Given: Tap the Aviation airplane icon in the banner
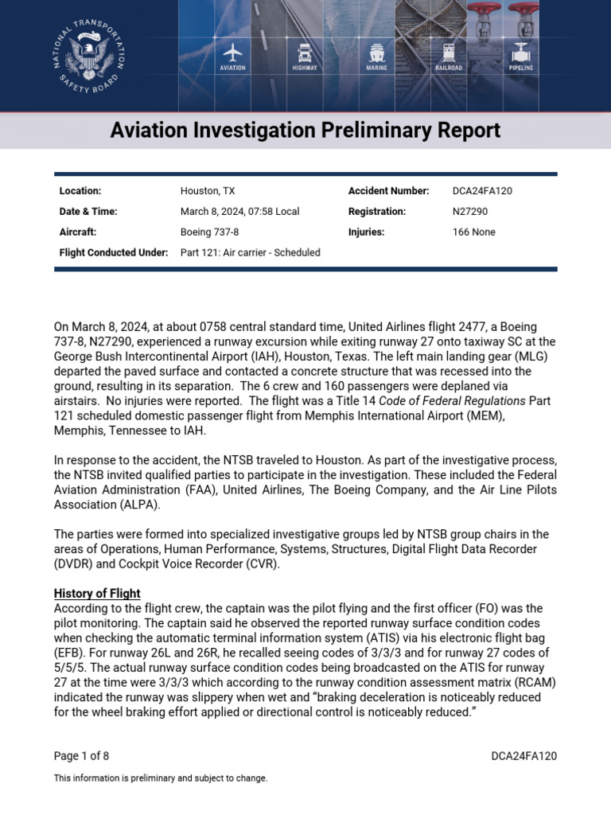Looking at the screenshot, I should (232, 53).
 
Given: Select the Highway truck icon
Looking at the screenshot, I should (304, 53).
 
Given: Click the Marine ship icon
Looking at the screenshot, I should (376, 53).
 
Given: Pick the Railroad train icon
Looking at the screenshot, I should (449, 53).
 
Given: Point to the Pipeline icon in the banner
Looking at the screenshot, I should (521, 53).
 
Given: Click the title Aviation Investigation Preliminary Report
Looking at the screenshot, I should (305, 130).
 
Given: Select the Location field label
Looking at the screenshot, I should (80, 191).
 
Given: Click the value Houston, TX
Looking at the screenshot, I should (208, 191).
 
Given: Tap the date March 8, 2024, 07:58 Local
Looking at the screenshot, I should (239, 212).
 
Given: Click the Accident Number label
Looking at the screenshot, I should (388, 191).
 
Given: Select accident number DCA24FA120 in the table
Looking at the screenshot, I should (482, 191).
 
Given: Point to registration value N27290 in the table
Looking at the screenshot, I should (470, 212).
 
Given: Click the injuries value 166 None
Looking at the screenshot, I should (473, 232).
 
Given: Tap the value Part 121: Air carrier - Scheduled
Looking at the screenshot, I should (250, 253).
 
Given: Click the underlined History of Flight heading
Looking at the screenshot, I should (97, 593).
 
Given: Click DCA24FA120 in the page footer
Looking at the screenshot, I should (523, 756).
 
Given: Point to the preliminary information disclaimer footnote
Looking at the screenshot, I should (161, 778).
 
